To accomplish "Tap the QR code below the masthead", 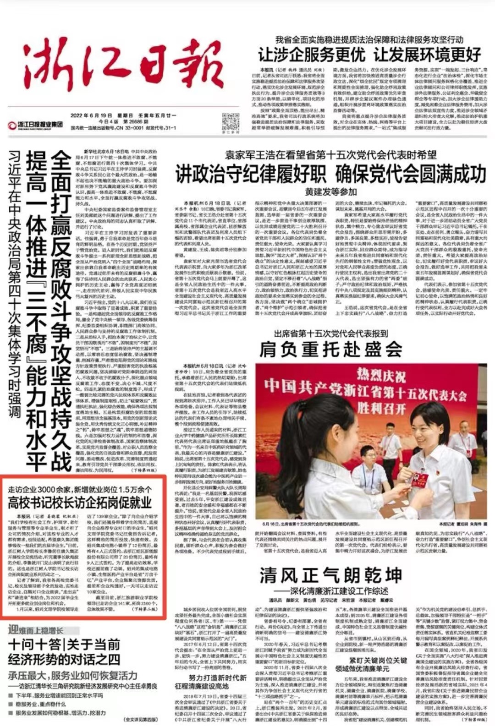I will pos(231,121).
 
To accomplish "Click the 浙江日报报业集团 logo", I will pos(35,125).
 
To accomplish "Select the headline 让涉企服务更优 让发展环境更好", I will pos(369,55).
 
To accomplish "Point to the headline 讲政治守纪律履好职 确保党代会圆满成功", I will pos(330,174).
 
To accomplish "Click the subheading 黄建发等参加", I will pos(330,191).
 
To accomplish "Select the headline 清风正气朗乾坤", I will pos(330,575).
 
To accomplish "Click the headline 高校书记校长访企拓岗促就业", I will pos(80,503).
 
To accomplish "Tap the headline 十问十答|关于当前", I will pos(64,645).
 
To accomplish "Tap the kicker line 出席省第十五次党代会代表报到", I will pos(331,333).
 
